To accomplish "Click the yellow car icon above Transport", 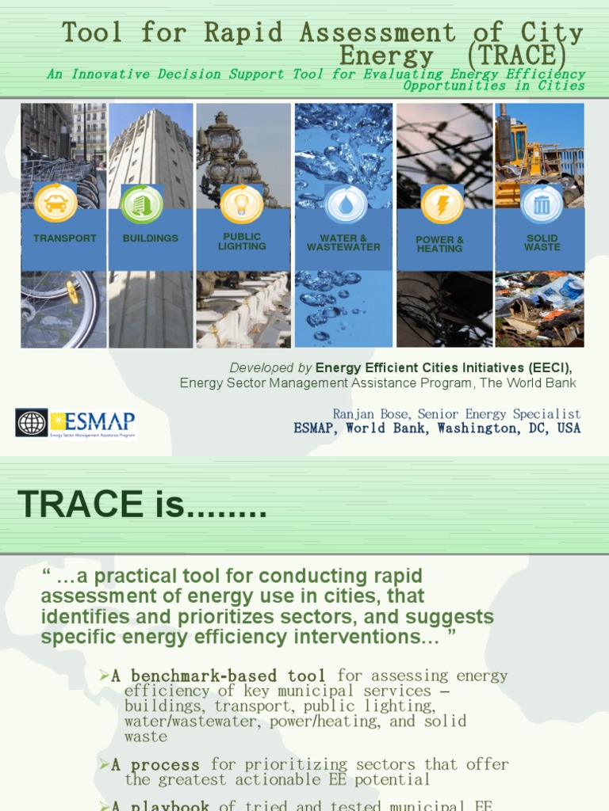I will [x=56, y=203].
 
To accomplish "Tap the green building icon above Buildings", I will [x=142, y=204].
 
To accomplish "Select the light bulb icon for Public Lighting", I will [x=241, y=204].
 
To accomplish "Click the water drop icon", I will [x=346, y=204].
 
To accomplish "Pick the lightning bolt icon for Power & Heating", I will [x=442, y=204].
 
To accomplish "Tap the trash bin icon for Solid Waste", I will [x=542, y=204].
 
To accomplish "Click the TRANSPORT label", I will [x=65, y=238].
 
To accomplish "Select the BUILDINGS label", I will [x=151, y=238].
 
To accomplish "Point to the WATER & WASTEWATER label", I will [x=343, y=242].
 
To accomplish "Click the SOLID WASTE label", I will [x=542, y=242].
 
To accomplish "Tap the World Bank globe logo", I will [x=32, y=422].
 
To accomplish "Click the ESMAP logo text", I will [x=94, y=420].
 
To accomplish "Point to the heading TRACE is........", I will [x=142, y=504].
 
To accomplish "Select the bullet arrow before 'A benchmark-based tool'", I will [x=104, y=675].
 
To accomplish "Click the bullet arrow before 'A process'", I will [x=104, y=764].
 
